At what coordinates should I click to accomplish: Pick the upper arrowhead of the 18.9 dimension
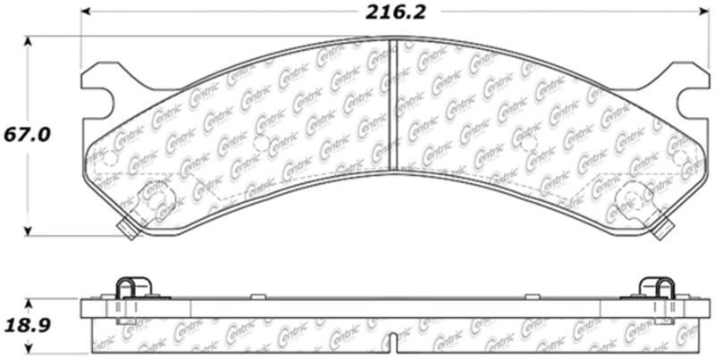pyautogui.click(x=28, y=301)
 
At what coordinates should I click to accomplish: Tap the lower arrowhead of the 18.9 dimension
pyautogui.click(x=28, y=352)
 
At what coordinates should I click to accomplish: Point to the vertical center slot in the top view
pyautogui.click(x=393, y=103)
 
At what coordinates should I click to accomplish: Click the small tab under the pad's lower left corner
pyautogui.click(x=126, y=230)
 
